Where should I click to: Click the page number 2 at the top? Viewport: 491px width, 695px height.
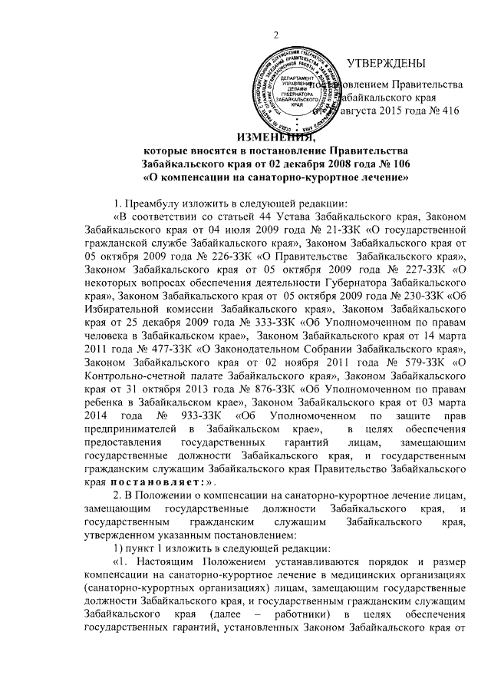275,36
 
